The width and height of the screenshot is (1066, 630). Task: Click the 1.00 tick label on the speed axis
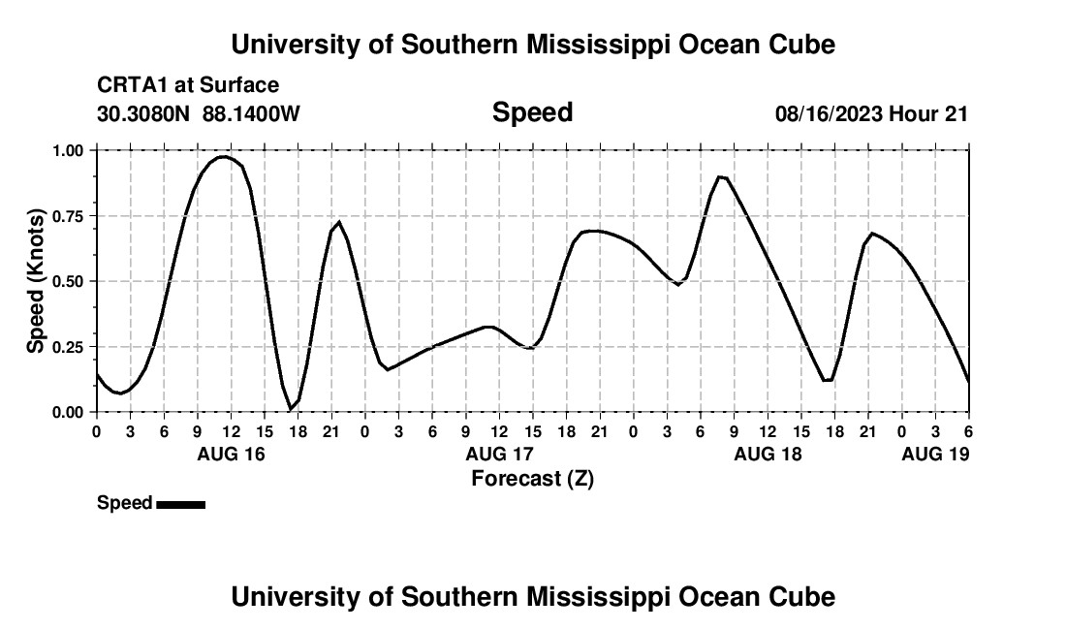coord(69,150)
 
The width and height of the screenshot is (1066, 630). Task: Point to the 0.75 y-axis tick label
coord(69,216)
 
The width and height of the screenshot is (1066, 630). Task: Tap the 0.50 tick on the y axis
coord(69,281)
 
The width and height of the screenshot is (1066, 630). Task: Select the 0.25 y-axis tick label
coord(69,347)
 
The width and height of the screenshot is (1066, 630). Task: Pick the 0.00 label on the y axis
coord(69,412)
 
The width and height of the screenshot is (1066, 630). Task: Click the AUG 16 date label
coord(231,455)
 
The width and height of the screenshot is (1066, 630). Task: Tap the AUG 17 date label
coord(499,455)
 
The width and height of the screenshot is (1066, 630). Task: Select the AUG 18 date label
coord(768,455)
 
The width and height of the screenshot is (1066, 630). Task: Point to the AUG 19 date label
coord(935,455)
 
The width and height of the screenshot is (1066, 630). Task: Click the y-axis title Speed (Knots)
coord(36,281)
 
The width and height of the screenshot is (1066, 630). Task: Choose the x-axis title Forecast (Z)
coord(532,478)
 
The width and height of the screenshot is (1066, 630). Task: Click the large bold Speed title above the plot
coord(532,112)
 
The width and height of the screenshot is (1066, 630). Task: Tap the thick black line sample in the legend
coord(180,504)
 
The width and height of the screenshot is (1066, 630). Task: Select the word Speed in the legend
coord(124,503)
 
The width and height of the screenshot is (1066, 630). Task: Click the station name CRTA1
coord(132,85)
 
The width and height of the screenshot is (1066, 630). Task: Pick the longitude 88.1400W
coord(251,113)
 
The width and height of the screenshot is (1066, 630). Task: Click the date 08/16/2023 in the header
coord(829,113)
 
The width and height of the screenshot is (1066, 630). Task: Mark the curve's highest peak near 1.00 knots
coord(224,156)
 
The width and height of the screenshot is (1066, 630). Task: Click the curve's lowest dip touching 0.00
coord(291,409)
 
